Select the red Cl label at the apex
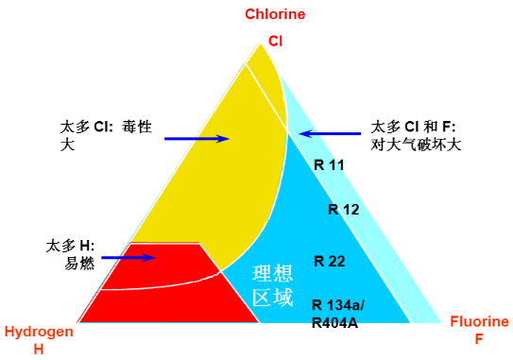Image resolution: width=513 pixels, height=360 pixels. (276, 42)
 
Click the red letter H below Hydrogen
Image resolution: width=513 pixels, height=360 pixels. (39, 349)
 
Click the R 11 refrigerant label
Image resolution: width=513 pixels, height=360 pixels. (329, 164)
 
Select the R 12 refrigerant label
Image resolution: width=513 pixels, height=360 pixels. (343, 210)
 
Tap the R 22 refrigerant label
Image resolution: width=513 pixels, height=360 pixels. (330, 261)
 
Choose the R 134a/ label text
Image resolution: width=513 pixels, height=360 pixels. (337, 303)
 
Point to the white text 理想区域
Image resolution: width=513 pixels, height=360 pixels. (272, 284)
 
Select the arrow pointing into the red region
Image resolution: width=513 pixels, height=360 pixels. (127, 256)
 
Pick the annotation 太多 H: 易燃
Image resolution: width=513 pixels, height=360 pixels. (71, 253)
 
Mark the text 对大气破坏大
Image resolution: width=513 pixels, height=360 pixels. (416, 146)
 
